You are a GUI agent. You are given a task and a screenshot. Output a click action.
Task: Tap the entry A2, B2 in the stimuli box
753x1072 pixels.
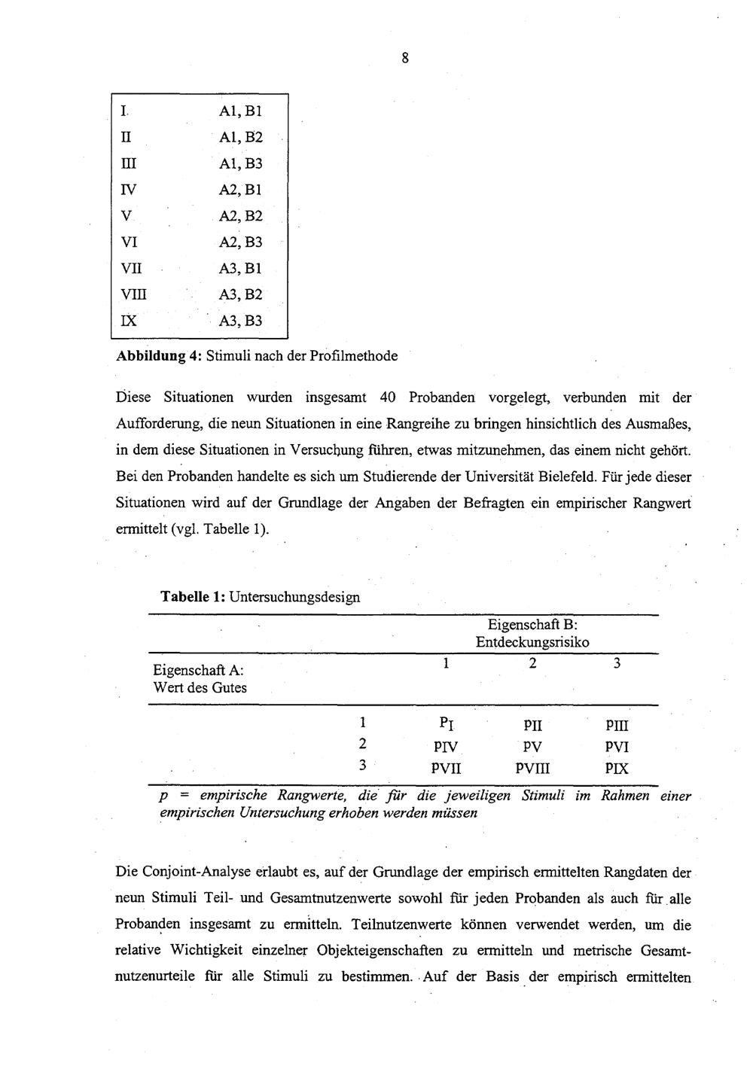point(240,216)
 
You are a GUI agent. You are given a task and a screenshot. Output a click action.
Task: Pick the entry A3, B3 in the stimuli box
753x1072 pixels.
point(240,321)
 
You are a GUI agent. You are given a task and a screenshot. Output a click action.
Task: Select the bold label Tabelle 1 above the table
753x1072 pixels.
point(191,597)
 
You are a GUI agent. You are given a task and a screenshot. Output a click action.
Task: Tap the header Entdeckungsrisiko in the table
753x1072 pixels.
point(532,642)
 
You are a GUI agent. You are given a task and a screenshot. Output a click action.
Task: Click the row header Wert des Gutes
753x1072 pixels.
point(200,687)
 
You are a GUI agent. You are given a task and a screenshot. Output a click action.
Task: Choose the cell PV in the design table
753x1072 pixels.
point(532,748)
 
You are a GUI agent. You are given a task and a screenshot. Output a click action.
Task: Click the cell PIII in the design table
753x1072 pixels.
point(617,726)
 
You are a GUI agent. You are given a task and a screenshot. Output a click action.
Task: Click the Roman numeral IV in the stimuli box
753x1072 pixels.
point(129,190)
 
